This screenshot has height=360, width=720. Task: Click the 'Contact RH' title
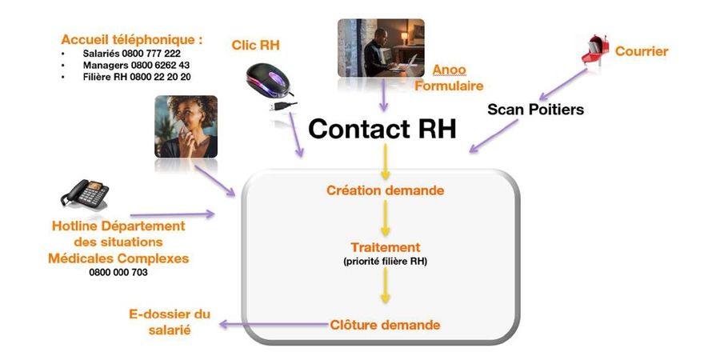click(382, 129)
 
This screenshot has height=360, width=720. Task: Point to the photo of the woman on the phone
click(186, 126)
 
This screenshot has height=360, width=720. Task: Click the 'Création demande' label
click(385, 190)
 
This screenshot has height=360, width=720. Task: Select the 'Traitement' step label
click(385, 247)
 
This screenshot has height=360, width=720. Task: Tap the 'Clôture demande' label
click(385, 325)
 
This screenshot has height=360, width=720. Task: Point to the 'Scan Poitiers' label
click(535, 109)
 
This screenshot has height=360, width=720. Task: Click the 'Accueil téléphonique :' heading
click(131, 38)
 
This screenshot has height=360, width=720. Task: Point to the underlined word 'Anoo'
click(449, 70)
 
